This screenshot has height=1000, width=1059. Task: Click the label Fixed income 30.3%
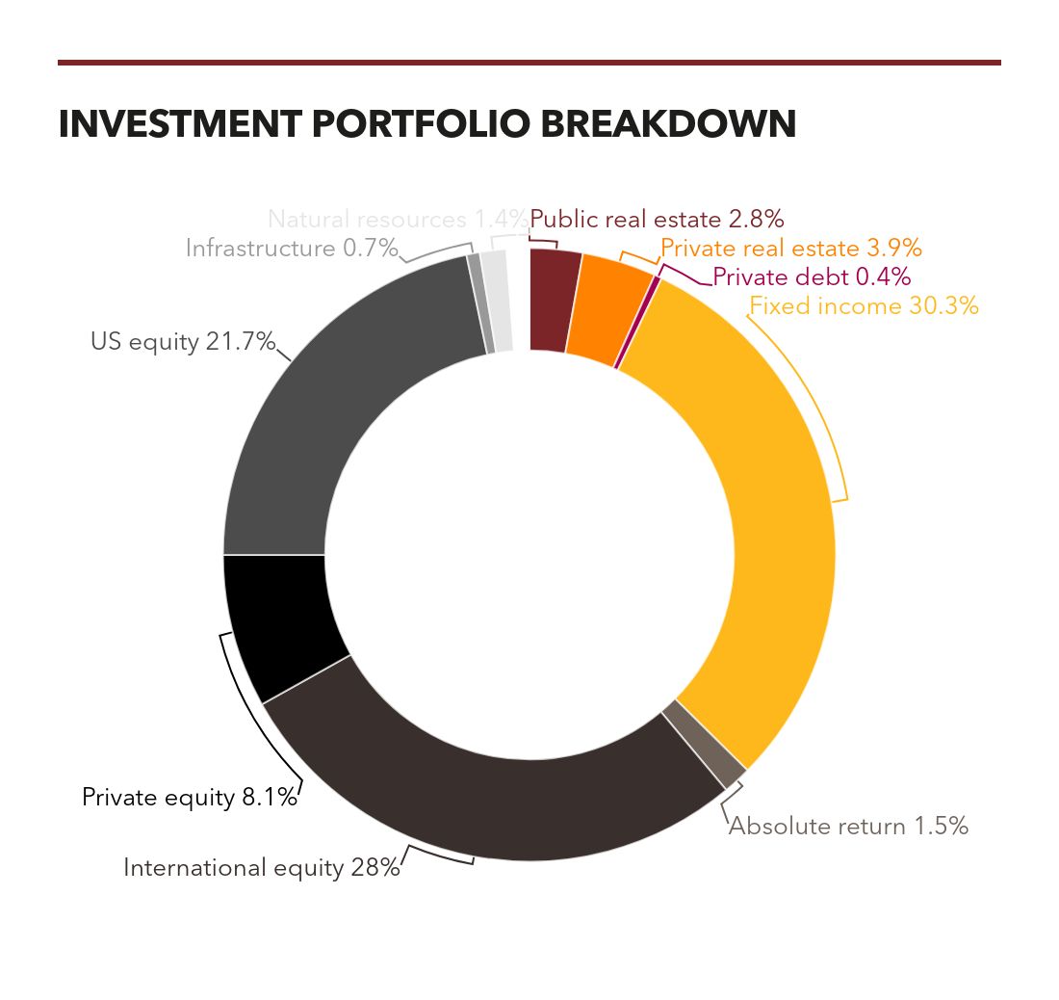[x=864, y=306]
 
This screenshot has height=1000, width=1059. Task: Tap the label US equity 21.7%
[x=183, y=342]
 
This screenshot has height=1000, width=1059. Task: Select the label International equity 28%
[x=261, y=868]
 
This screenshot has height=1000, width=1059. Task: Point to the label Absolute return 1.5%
[x=848, y=827]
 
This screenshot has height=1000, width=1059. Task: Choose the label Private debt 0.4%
[x=811, y=277]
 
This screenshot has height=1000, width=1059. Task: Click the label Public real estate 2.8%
[x=658, y=219]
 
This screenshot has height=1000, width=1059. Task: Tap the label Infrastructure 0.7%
[x=292, y=249]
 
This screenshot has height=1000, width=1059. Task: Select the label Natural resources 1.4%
[x=398, y=219]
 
